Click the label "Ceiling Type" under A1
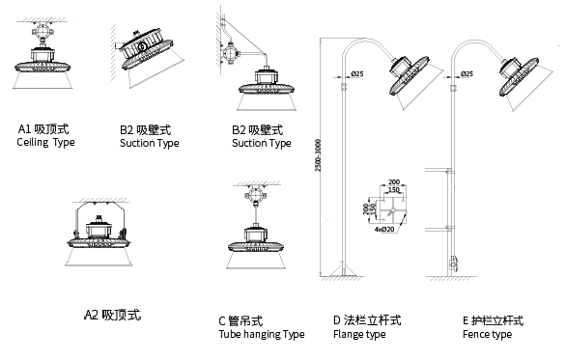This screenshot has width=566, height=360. point(45,142)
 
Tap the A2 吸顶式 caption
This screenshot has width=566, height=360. point(112,315)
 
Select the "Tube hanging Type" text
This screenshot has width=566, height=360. point(262,334)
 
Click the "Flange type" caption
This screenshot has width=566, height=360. point(359,334)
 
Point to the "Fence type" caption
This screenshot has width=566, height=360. point(487,334)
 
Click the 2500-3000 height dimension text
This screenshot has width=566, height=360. point(318,155)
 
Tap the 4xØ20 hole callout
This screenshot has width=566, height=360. point(384,230)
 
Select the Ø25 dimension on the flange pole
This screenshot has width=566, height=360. point(357,74)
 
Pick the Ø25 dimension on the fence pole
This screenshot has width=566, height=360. point(467,74)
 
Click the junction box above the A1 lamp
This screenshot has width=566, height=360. point(42,31)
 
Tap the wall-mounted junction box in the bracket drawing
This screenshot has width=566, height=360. point(229,53)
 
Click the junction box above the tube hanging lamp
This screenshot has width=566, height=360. point(256,196)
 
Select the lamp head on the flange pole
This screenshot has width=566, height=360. point(410,75)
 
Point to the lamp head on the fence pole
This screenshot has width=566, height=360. point(519,76)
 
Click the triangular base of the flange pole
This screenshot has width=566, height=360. point(344,269)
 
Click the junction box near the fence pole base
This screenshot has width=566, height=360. point(453,264)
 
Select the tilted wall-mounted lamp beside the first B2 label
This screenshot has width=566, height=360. point(146,49)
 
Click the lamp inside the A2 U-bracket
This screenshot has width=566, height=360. point(99,235)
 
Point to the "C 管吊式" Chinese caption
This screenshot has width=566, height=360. point(241,320)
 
